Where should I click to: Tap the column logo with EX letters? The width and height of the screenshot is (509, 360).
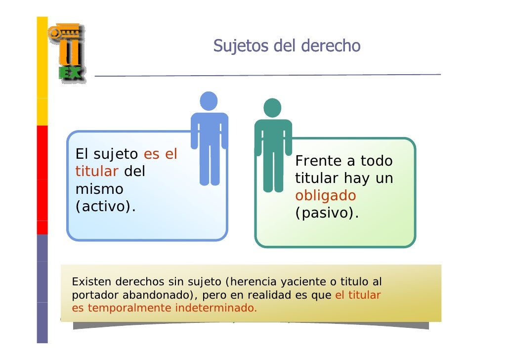[x=67, y=53]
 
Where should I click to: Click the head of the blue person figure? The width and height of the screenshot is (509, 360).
[x=209, y=101]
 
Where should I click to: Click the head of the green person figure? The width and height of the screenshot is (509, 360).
[x=272, y=108]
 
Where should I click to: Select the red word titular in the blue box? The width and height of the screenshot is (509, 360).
[x=96, y=172]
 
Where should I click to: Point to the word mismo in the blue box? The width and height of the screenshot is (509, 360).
[x=99, y=189]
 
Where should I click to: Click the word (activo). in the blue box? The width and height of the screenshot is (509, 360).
[x=105, y=207]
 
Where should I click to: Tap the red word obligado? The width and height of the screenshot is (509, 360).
[x=325, y=196]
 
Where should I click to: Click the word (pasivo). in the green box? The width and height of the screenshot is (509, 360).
[x=327, y=214]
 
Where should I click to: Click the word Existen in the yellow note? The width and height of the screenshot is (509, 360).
[x=92, y=282]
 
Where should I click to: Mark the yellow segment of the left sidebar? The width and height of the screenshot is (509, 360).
[x=42, y=69]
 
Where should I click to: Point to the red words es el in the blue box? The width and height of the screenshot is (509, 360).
[x=160, y=154]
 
